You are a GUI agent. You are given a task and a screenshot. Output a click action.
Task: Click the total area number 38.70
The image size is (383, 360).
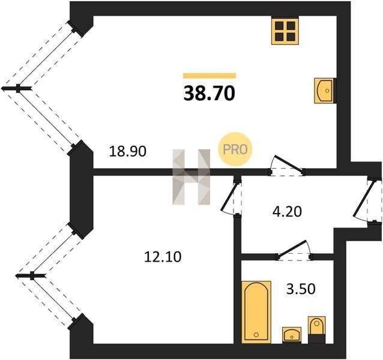tap(210, 94)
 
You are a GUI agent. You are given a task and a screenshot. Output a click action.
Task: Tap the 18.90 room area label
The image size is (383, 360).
tap(127, 151)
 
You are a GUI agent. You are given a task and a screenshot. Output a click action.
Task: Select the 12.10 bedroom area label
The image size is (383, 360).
tap(163, 257)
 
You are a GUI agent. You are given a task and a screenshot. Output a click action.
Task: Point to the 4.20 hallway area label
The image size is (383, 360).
tap(287, 212)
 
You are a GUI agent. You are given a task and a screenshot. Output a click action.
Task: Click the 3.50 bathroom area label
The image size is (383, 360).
tap(301, 289)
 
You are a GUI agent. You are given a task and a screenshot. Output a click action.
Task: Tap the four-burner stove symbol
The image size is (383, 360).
tap(285, 31)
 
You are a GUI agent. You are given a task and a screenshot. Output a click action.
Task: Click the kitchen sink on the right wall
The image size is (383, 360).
tap(324, 91)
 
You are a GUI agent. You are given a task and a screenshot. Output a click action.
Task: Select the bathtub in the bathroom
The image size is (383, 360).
tap(256, 312)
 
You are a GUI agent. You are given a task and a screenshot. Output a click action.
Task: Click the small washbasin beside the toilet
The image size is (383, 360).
tap(292, 335)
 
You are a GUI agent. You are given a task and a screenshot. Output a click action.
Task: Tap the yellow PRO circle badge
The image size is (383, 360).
tap(235, 149)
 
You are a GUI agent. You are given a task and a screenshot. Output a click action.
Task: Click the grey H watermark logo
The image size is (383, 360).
tap(191, 177)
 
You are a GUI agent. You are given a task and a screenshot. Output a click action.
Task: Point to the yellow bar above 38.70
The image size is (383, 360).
tap(210, 76)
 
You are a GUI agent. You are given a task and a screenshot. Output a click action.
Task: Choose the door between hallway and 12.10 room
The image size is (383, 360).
tap(232, 197)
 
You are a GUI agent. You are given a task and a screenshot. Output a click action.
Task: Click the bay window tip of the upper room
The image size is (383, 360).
tap(2, 88)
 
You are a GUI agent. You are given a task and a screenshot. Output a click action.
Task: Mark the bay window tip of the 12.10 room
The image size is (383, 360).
tap(17, 275)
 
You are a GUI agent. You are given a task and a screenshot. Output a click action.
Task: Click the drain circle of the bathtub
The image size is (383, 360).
tap(256, 334)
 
